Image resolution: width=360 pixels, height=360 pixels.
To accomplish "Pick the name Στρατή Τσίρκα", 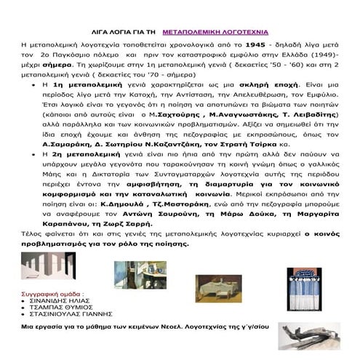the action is coord(301,144).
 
